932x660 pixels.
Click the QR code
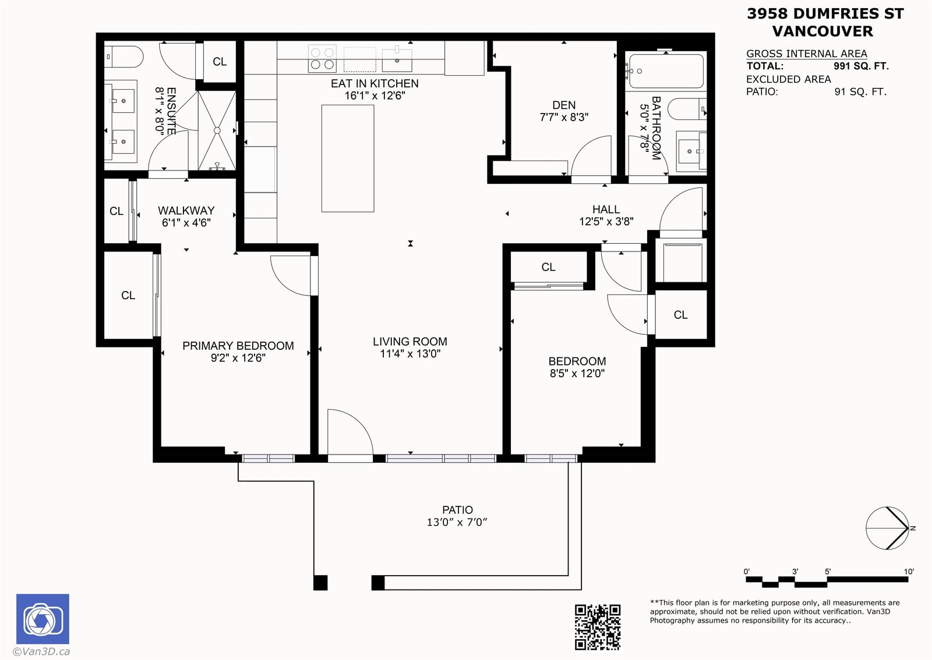click(598, 627)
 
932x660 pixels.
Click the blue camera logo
click(43, 619)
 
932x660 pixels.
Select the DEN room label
click(564, 105)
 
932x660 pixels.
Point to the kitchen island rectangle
click(348, 158)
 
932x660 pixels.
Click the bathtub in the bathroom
click(666, 71)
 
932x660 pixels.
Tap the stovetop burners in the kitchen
click(322, 59)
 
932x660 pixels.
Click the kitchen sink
click(397, 60)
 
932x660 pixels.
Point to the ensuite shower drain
click(217, 130)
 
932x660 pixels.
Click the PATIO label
click(457, 510)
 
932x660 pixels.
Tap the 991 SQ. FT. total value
click(861, 66)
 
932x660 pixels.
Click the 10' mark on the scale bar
click(909, 572)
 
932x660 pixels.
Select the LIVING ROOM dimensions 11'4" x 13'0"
click(410, 354)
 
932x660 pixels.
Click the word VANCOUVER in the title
click(822, 31)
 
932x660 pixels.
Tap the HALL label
click(606, 209)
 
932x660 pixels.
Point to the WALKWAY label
click(186, 211)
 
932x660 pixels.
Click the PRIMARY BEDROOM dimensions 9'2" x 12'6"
click(238, 358)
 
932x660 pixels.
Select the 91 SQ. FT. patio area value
click(860, 92)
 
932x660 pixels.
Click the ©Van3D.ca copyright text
click(41, 651)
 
